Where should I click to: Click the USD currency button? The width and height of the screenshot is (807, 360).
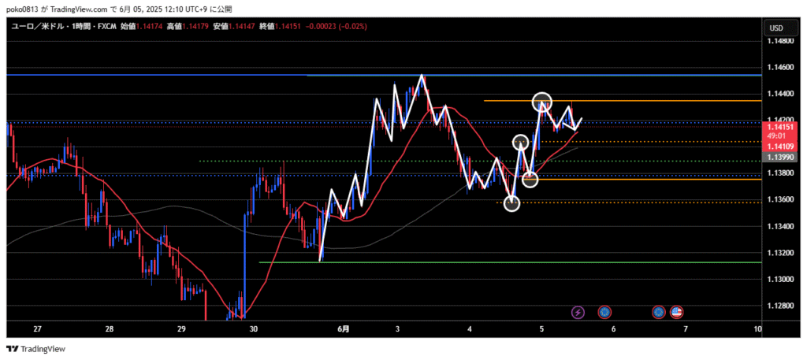pos(775,28)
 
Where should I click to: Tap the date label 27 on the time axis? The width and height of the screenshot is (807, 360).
pos(37,328)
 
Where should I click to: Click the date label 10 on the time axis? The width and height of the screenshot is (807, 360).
pos(758,328)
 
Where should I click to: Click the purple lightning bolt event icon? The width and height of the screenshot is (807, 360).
pos(578,312)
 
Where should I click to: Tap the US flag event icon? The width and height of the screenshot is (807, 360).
pos(676,312)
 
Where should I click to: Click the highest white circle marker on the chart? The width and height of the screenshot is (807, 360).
pos(541,102)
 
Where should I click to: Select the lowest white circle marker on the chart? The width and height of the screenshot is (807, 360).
pos(512,203)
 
